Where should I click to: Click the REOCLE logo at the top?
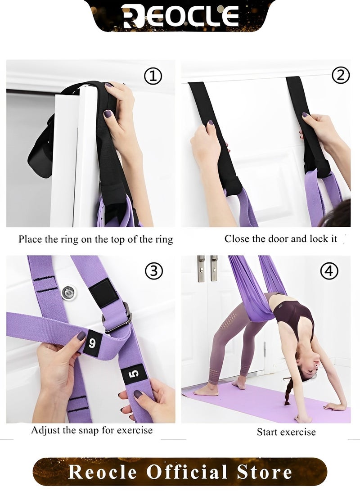[x=180, y=15]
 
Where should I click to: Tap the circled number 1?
[x=153, y=76]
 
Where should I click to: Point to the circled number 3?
[x=153, y=271]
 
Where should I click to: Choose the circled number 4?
[x=329, y=271]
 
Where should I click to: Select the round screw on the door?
[x=68, y=293]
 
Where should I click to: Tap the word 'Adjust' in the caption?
[x=45, y=431]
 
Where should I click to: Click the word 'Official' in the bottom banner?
[x=187, y=472]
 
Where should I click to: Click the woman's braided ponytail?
[x=288, y=390]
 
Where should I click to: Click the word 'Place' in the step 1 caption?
[x=30, y=239]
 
